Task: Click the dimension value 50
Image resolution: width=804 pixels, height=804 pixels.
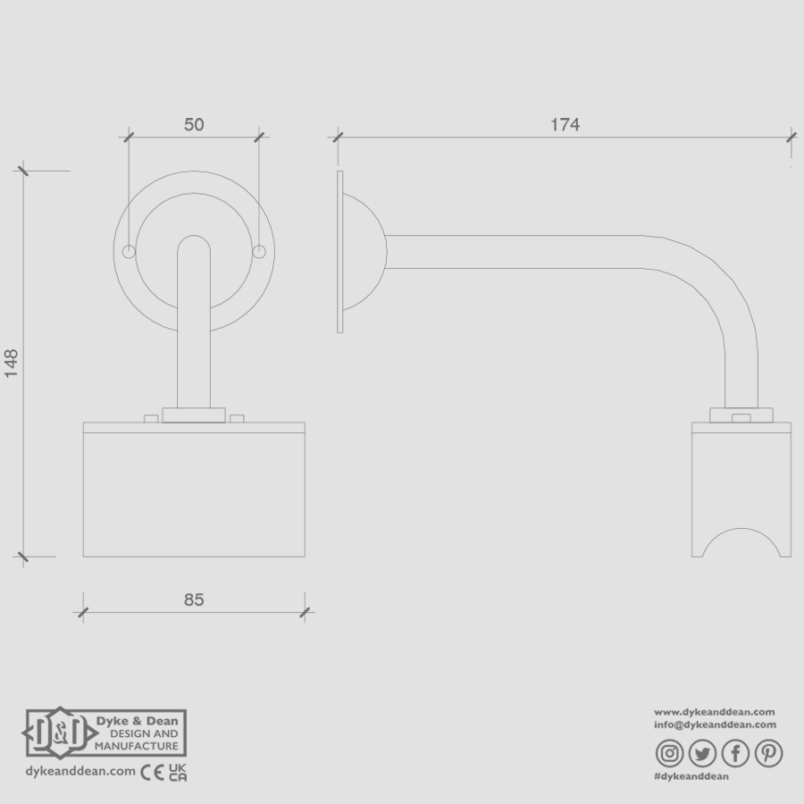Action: (x=194, y=125)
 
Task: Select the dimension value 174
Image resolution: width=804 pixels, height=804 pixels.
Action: (x=565, y=125)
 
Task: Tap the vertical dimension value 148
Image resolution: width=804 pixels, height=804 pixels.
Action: (x=12, y=364)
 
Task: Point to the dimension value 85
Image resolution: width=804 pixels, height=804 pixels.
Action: (x=194, y=599)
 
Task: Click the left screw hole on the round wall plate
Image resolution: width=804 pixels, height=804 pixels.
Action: (x=129, y=252)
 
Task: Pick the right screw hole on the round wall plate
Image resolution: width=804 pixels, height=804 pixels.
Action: (x=259, y=252)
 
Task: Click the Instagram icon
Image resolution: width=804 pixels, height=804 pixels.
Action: (x=671, y=754)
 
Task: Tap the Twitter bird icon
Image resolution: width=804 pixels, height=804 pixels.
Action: (x=703, y=754)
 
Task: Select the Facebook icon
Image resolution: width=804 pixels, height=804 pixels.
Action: (x=735, y=754)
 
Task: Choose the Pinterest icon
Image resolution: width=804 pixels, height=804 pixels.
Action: (x=767, y=754)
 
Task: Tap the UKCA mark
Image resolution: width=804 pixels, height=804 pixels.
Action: (x=177, y=771)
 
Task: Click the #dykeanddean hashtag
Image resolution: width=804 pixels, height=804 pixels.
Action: (x=692, y=777)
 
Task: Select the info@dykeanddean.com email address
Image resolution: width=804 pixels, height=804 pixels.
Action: (x=715, y=724)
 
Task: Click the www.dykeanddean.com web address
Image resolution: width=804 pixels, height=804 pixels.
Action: (x=715, y=711)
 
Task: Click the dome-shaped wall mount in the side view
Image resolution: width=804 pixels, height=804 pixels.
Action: (x=364, y=252)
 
